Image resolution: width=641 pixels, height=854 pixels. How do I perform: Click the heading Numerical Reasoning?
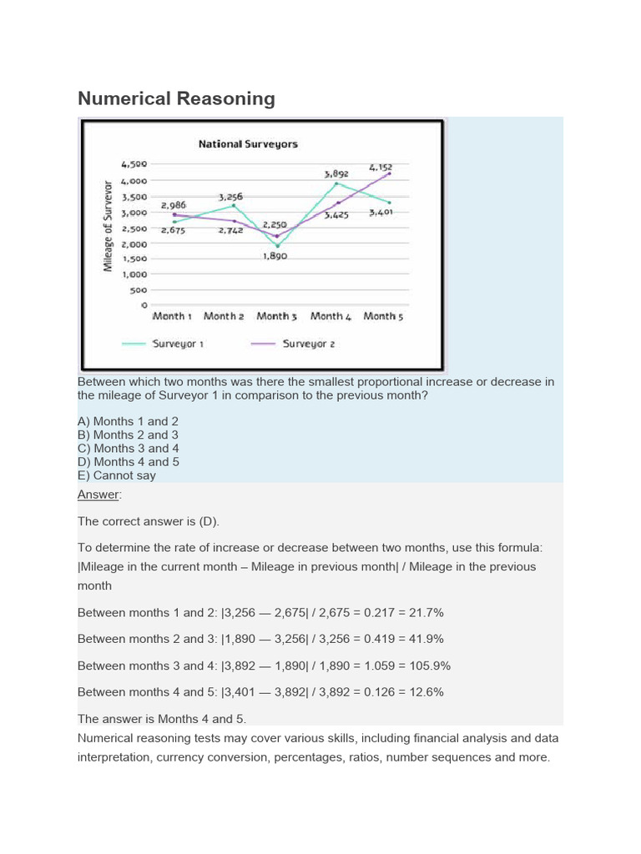(176, 98)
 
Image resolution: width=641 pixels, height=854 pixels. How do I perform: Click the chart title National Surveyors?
(248, 144)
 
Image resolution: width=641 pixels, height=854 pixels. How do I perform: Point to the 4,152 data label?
(380, 167)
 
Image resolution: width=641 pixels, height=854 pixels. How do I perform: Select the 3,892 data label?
(336, 173)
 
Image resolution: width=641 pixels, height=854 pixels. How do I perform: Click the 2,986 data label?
(174, 205)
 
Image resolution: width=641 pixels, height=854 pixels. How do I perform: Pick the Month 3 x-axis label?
(276, 316)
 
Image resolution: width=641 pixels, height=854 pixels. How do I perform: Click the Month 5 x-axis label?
(383, 316)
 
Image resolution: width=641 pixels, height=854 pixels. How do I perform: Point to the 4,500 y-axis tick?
(134, 164)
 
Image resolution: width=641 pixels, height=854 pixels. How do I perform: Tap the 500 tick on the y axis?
(138, 290)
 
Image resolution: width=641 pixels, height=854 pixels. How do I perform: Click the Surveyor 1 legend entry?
(178, 344)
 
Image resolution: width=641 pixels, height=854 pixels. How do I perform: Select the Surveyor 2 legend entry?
(308, 344)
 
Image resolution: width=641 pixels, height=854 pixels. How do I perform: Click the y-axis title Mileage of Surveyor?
(109, 225)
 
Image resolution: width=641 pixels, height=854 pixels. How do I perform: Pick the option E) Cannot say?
(117, 475)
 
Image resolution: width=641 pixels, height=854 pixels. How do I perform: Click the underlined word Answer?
(98, 495)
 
